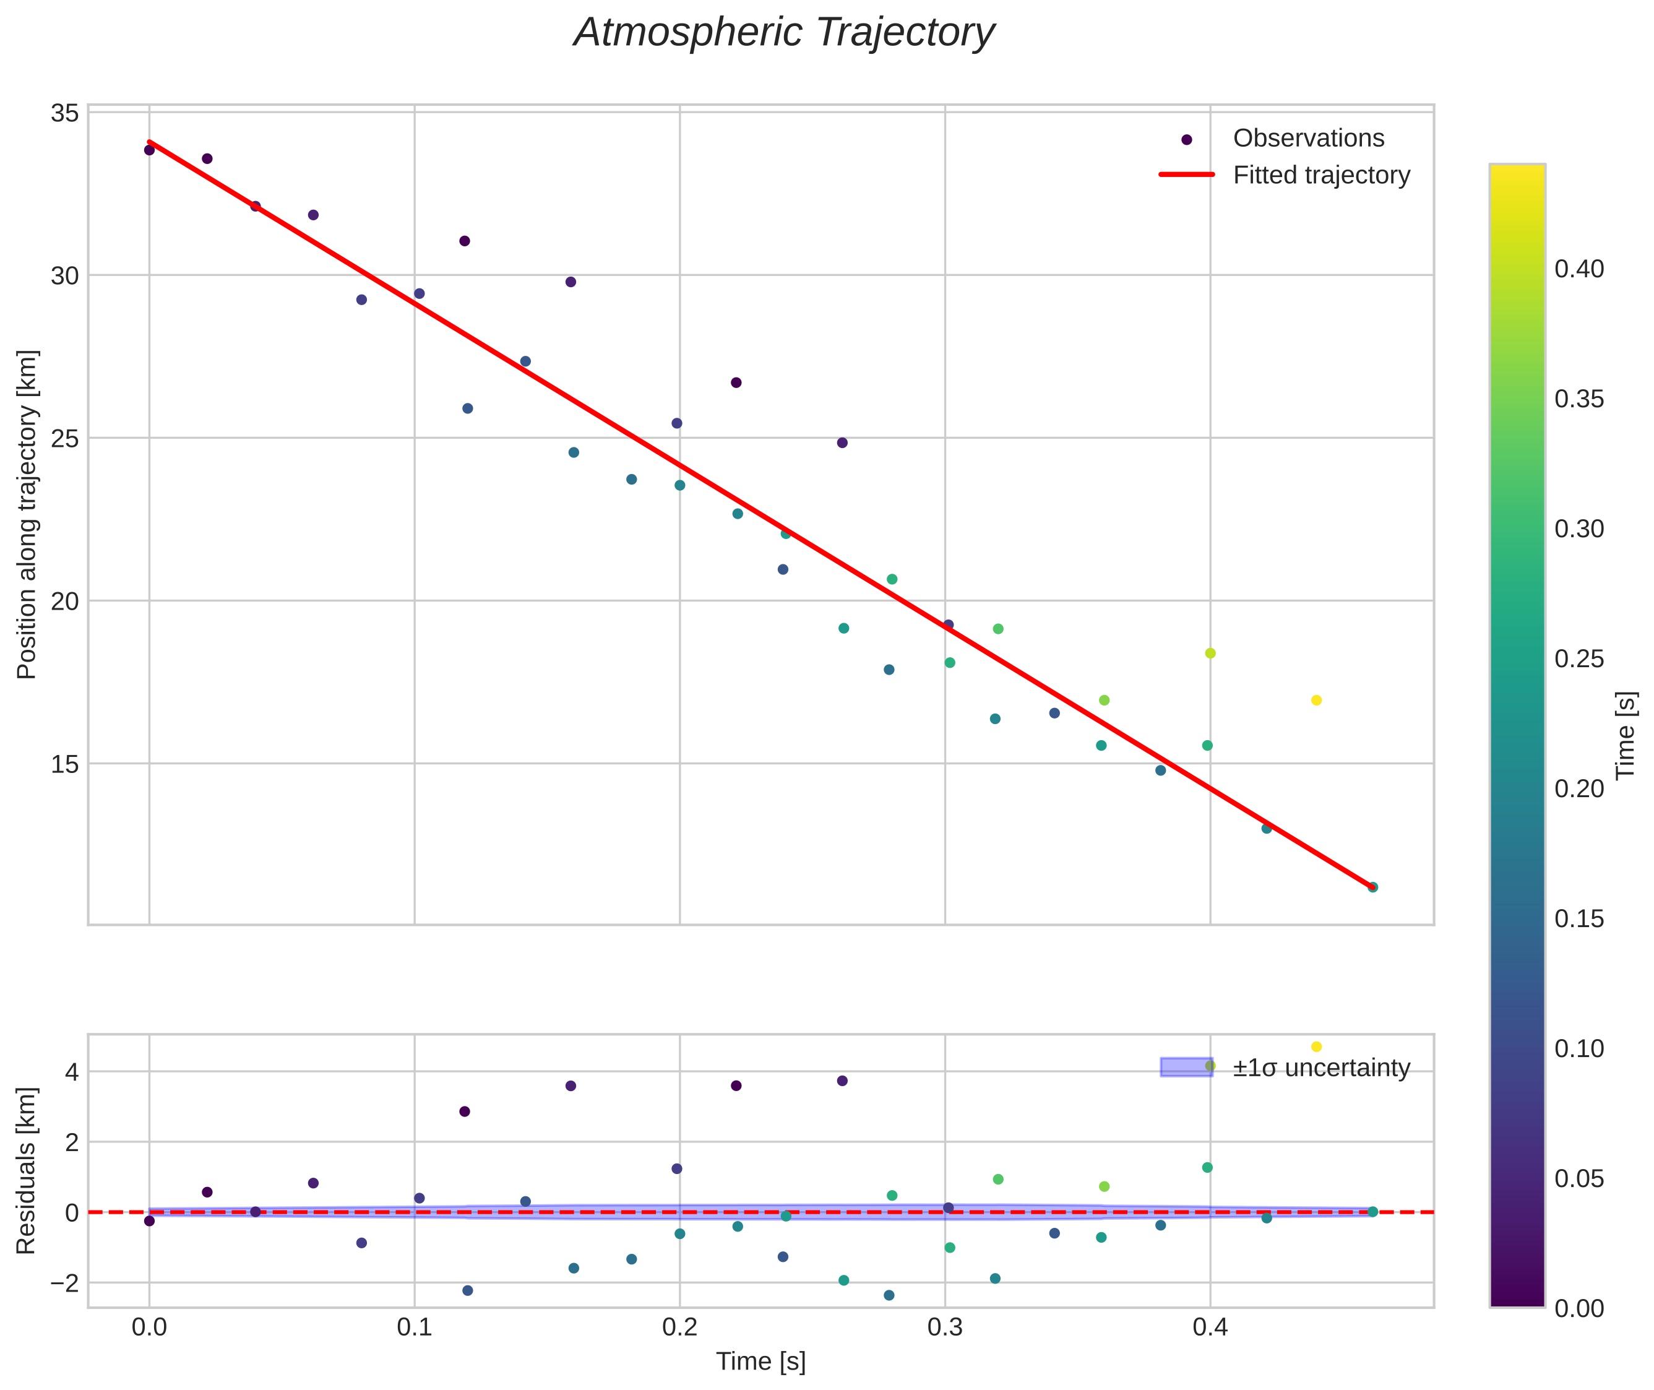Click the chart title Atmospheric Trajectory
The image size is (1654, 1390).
[x=784, y=33]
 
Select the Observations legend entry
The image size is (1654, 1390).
[x=1307, y=138]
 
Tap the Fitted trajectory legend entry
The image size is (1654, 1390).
[x=1320, y=175]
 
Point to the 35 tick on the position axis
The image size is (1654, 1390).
[x=64, y=113]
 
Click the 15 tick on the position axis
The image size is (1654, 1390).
[x=64, y=764]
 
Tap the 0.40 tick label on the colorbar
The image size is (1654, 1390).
[x=1579, y=269]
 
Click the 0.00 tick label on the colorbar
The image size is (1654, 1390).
[x=1579, y=1308]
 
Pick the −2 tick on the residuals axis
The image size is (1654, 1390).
[x=63, y=1283]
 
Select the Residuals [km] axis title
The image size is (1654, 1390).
[x=27, y=1170]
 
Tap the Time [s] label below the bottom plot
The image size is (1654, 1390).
[x=760, y=1361]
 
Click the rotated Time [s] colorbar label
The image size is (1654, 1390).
[x=1626, y=735]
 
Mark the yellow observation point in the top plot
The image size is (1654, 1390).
[x=1316, y=701]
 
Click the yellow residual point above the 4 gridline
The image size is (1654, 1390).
[x=1316, y=1047]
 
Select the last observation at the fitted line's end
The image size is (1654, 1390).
[x=1372, y=887]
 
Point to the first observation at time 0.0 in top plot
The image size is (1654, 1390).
[x=150, y=150]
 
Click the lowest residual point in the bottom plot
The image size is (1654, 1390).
[x=889, y=1295]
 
